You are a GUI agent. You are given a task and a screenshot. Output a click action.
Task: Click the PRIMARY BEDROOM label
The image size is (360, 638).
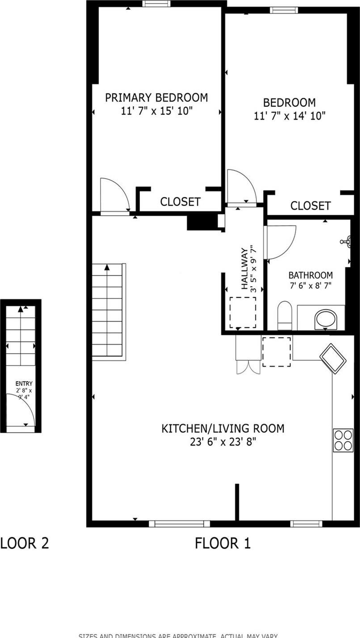(x=156, y=97)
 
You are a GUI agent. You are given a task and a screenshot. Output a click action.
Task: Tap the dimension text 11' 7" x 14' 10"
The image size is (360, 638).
(x=289, y=116)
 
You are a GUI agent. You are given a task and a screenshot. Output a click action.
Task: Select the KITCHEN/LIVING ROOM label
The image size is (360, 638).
(x=222, y=429)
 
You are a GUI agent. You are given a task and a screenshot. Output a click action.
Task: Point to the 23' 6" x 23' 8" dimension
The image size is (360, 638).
(x=222, y=442)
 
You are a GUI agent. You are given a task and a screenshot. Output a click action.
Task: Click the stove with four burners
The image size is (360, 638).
(x=343, y=440)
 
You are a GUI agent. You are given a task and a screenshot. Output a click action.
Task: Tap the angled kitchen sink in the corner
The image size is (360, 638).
(x=333, y=358)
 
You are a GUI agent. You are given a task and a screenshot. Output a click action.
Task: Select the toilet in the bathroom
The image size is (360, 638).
(x=285, y=316)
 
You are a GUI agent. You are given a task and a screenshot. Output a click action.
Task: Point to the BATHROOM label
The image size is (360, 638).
(x=310, y=275)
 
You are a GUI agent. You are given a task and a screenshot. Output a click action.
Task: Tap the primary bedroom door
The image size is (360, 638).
(x=114, y=195)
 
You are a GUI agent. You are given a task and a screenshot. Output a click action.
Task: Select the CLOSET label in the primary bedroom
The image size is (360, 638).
(x=180, y=202)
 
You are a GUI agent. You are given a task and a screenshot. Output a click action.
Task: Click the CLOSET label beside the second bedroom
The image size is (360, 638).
(x=310, y=205)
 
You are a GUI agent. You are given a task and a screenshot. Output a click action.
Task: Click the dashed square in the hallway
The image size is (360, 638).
(x=243, y=313)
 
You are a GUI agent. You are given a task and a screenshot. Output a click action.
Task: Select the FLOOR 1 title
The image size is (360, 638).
(x=222, y=543)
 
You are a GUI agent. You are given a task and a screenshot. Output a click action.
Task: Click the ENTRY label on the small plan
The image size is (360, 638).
(x=24, y=384)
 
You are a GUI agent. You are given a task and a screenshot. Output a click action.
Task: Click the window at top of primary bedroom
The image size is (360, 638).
(x=156, y=4)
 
